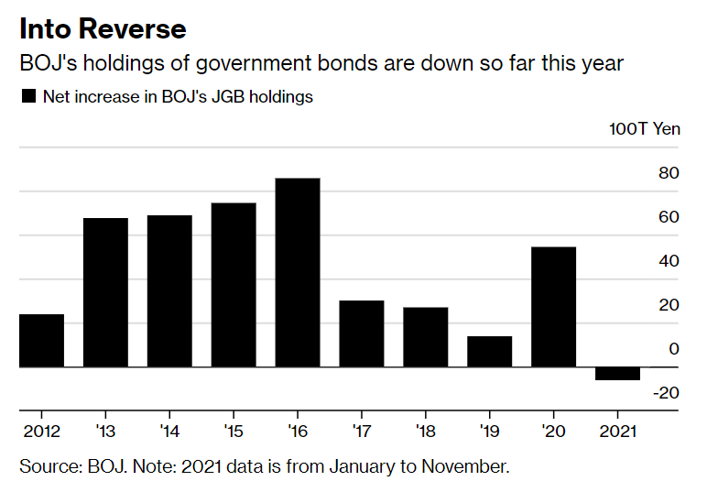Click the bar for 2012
pyautogui.click(x=42, y=341)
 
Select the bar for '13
pyautogui.click(x=105, y=292)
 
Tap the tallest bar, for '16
pyautogui.click(x=298, y=272)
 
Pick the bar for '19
pyautogui.click(x=489, y=352)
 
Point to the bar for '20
pyautogui.click(x=553, y=307)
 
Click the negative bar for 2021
pyautogui.click(x=617, y=374)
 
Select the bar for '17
pyautogui.click(x=361, y=333)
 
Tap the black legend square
pyautogui.click(x=28, y=96)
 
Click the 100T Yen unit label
pyautogui.click(x=645, y=128)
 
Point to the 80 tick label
pyautogui.click(x=669, y=173)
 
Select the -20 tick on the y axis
pyautogui.click(x=666, y=393)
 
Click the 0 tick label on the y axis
pyautogui.click(x=674, y=349)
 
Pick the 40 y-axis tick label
pyautogui.click(x=669, y=261)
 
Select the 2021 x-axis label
pyautogui.click(x=619, y=431)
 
